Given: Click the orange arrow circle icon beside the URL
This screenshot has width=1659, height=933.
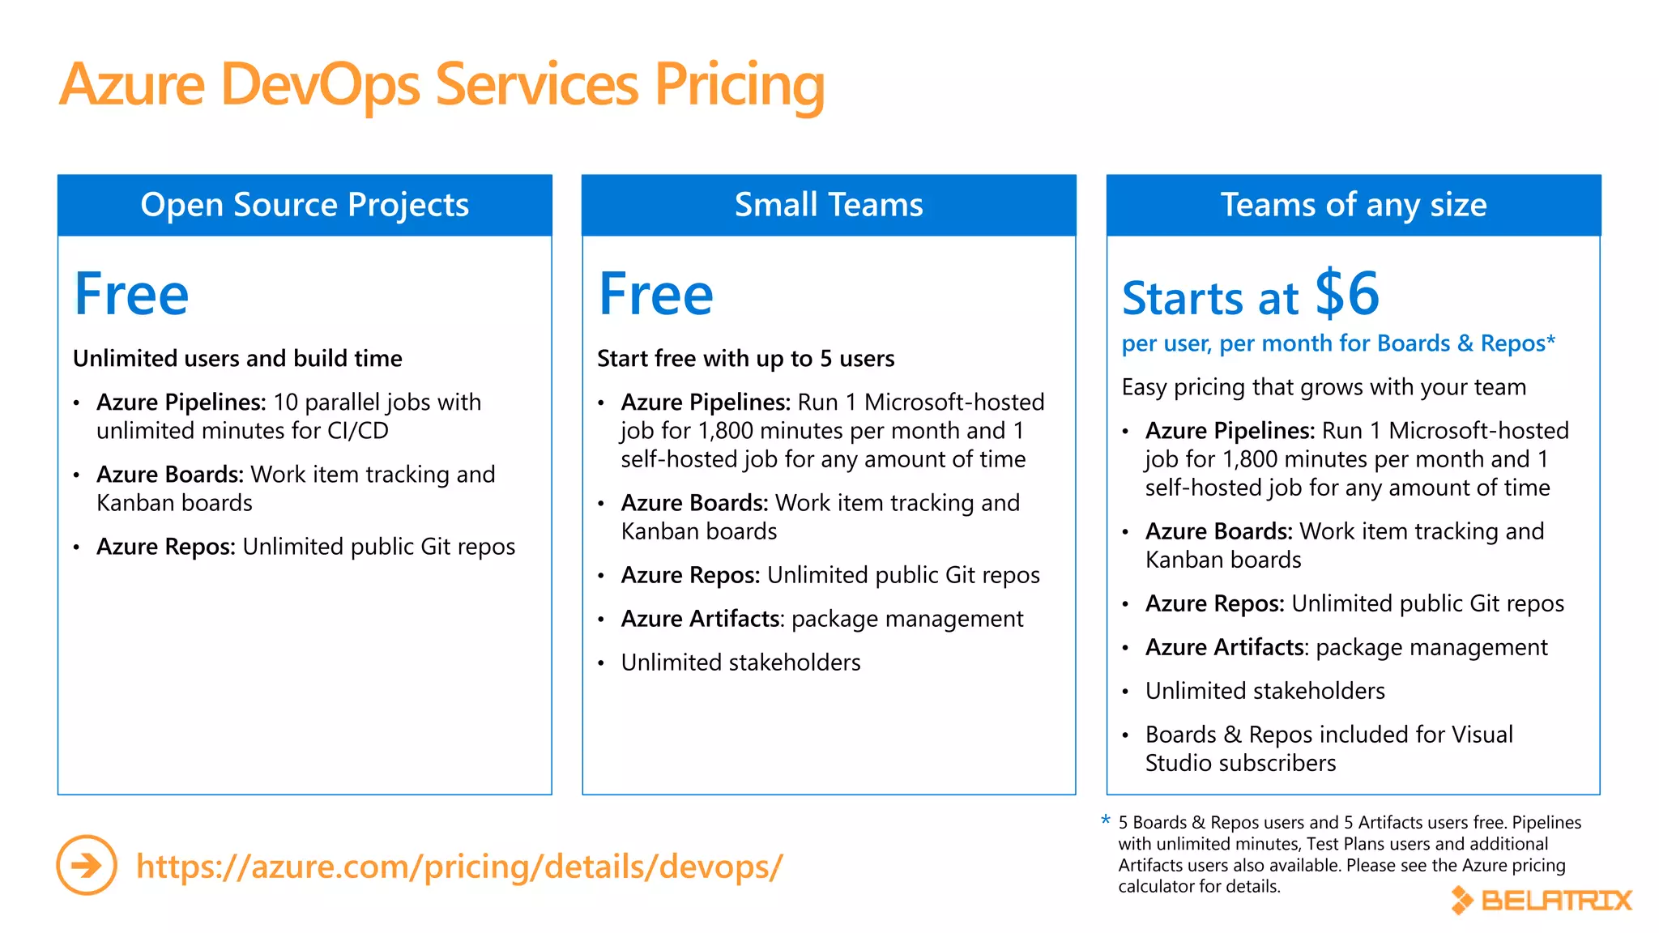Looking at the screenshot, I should (87, 865).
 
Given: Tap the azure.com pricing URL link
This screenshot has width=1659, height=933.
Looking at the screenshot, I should (458, 866).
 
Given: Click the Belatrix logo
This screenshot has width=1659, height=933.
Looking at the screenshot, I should (1542, 900).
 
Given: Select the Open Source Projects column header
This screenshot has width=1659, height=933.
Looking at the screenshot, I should (305, 205).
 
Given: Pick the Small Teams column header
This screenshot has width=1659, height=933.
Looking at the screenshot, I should (829, 205).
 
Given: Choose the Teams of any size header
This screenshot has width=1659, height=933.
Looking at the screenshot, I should (1354, 205).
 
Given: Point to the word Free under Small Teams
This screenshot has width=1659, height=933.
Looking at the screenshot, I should (656, 294).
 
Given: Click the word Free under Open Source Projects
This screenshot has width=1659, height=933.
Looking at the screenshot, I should (131, 294).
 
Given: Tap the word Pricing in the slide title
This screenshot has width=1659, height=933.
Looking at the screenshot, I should (740, 85).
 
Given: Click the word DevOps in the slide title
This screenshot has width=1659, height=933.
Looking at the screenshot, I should (321, 85).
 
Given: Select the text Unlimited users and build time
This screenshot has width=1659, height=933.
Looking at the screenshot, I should (237, 358).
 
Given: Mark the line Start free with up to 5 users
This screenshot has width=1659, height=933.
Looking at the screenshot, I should (745, 358).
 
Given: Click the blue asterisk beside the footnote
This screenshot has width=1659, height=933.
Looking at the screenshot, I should (1106, 821).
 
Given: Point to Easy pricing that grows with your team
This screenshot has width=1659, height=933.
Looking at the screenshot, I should (1324, 387).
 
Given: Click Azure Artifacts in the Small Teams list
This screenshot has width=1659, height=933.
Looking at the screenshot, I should (702, 619).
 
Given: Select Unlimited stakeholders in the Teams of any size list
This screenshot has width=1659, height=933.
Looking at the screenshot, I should (1265, 691).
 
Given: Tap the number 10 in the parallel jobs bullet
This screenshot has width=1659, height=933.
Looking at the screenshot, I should (286, 402).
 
